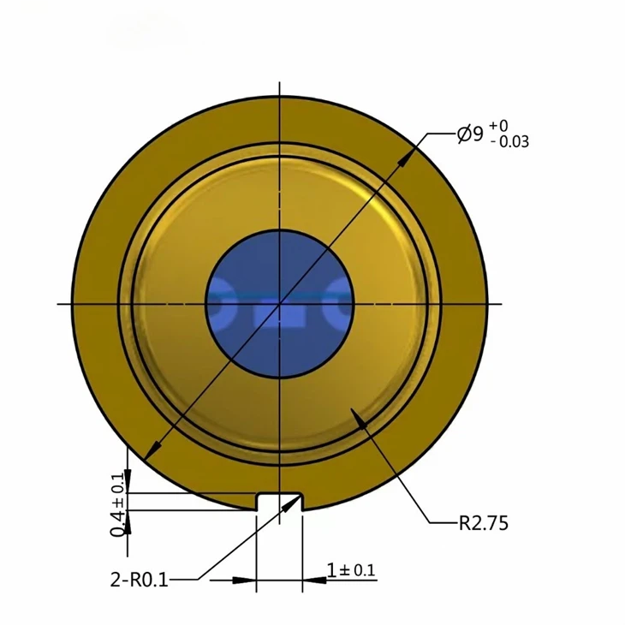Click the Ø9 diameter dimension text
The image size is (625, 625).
point(470,134)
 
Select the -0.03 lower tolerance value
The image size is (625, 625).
point(509,142)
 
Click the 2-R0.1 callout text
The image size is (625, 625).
point(139,580)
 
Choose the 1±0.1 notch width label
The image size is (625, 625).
point(351,570)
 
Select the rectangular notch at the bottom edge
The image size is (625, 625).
point(280,502)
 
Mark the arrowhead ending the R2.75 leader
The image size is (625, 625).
point(360,420)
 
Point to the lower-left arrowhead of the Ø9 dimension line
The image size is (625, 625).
point(151,452)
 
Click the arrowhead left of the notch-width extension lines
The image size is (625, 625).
point(248,580)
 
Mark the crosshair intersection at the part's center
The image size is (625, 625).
point(281,303)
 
